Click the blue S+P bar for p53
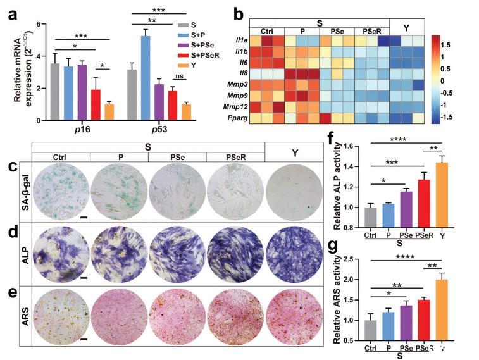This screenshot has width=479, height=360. pyautogui.click(x=144, y=78)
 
